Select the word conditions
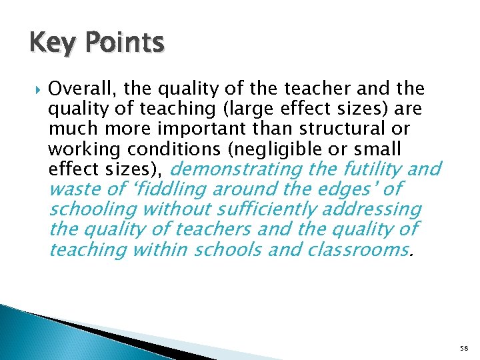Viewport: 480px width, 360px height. (x=157, y=147)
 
